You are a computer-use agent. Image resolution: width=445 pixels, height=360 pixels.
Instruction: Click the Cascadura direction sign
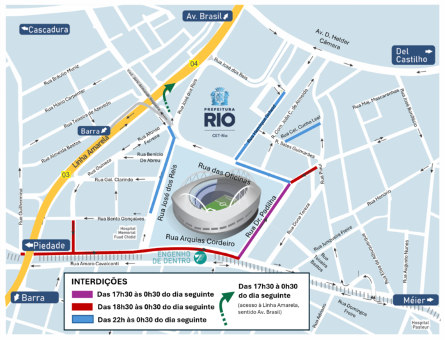(x=44, y=29)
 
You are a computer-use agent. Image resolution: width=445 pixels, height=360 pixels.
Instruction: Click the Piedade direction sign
(x=45, y=246)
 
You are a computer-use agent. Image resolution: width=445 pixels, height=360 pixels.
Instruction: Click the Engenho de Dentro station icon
(x=199, y=258)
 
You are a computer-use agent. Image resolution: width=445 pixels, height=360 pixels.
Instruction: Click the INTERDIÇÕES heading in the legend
(x=99, y=281)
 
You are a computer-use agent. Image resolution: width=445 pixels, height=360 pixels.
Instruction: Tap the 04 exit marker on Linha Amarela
(x=194, y=63)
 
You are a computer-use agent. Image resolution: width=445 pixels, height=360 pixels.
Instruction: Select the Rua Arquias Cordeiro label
(x=201, y=240)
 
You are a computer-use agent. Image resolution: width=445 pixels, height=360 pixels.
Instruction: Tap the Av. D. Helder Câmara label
(x=332, y=38)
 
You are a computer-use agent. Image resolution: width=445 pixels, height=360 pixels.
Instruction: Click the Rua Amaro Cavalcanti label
(x=95, y=263)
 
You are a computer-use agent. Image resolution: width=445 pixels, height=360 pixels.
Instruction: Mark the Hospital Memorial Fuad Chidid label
(x=129, y=234)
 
